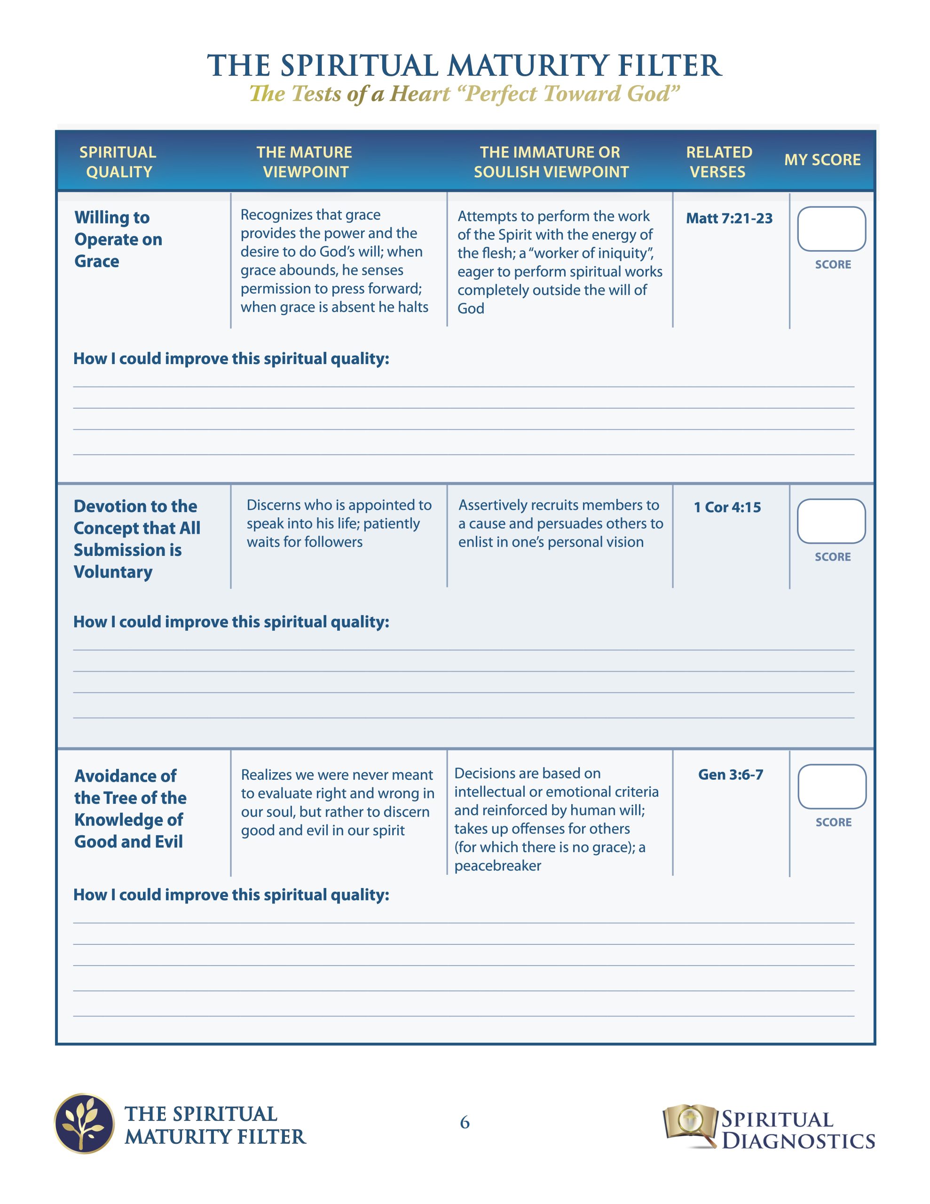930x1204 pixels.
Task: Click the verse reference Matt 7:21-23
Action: (x=729, y=218)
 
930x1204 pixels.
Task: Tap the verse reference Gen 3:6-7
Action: (x=731, y=775)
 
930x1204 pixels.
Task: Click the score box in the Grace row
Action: (x=831, y=229)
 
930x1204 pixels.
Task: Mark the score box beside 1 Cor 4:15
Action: (x=831, y=521)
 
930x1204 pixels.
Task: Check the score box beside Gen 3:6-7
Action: (x=831, y=787)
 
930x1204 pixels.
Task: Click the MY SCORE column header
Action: (x=822, y=160)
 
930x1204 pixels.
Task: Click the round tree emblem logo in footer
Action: (x=84, y=1124)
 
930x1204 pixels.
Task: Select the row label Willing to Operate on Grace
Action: (x=118, y=239)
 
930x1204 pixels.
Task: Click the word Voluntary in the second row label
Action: (x=113, y=572)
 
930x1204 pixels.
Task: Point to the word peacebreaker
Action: (x=497, y=866)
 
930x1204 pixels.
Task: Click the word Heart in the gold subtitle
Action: (x=419, y=94)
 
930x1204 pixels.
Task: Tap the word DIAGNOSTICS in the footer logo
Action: (x=798, y=1141)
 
